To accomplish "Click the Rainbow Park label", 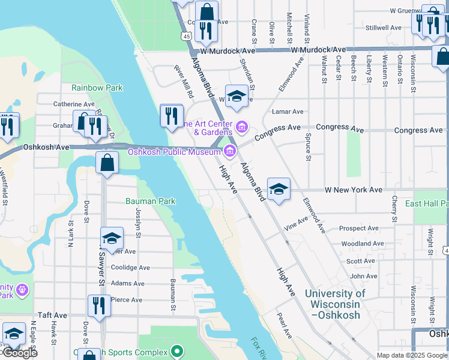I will (x=97, y=88).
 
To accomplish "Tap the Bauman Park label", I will (x=150, y=201).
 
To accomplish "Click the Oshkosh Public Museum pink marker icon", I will (x=229, y=150).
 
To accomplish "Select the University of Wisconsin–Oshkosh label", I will (x=334, y=304).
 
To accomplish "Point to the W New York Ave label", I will (x=354, y=190).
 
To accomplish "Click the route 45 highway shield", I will (x=188, y=37).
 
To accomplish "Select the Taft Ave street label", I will (x=52, y=315).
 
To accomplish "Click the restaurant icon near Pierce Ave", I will (x=99, y=306).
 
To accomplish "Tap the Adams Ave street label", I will (x=127, y=283).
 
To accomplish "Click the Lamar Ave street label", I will (x=288, y=111).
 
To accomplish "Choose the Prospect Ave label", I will (x=359, y=229).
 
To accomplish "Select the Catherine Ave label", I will (x=74, y=104).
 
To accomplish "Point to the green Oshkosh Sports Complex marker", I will (x=176, y=351).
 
